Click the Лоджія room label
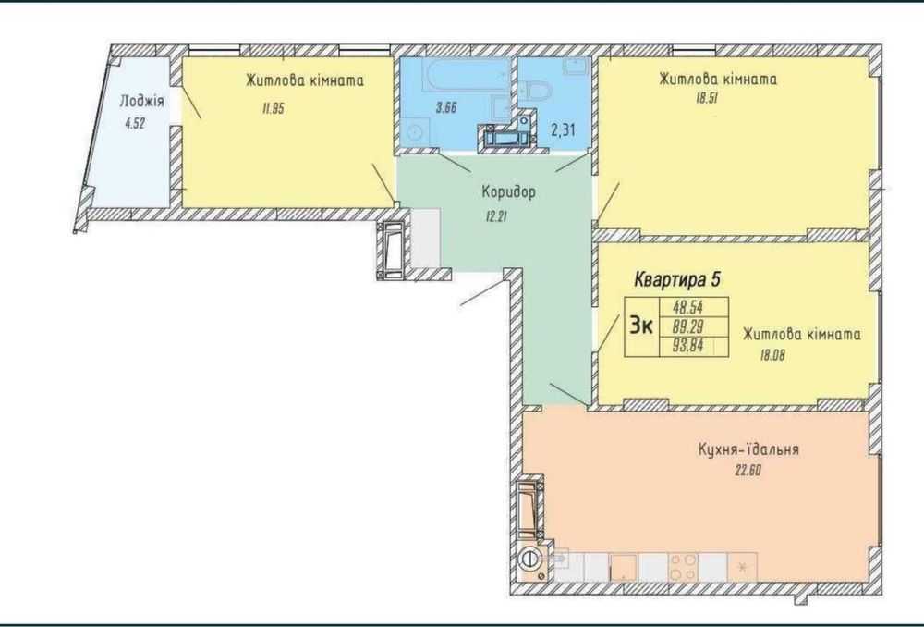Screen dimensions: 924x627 coord(141,102)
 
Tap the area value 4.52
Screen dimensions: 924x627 coord(135,124)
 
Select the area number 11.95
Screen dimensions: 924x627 coord(274,108)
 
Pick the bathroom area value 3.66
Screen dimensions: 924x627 coord(446,108)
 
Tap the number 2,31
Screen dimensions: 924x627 coord(563,129)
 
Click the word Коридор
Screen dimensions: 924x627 coord(509,191)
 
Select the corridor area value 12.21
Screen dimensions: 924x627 coord(495,216)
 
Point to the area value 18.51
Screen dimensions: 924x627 coord(707,99)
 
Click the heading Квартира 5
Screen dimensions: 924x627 coord(677,279)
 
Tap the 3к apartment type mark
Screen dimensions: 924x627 coord(641,325)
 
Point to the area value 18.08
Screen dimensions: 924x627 coord(772,356)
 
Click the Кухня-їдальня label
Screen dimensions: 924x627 coord(748,449)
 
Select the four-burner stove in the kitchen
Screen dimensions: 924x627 coord(683,567)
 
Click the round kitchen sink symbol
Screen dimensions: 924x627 coord(529,558)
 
